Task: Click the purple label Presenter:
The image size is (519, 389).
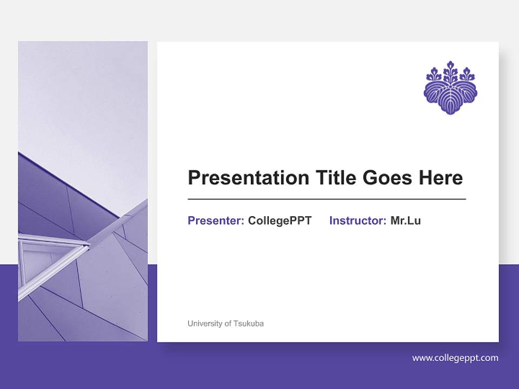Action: [x=216, y=220]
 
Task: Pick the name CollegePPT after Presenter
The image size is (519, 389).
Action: [x=280, y=220]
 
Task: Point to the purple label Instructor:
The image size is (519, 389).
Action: [x=357, y=220]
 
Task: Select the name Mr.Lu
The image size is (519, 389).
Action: [x=405, y=220]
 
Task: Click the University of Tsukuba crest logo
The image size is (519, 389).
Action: [x=450, y=88]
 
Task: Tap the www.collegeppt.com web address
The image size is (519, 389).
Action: [x=455, y=358]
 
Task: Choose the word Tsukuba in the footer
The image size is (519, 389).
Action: [x=249, y=324]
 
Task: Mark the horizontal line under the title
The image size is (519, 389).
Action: [x=327, y=199]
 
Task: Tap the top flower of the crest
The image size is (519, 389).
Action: [x=450, y=69]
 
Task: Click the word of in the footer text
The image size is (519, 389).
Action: [x=228, y=324]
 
